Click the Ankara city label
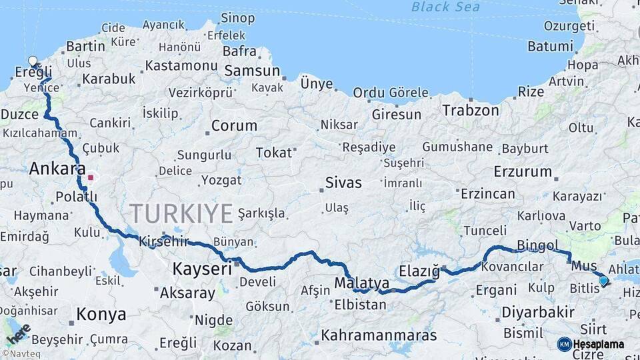pos(57,169)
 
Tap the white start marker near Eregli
pos(33,61)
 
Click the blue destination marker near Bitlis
pos(603,281)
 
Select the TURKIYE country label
pos(181,213)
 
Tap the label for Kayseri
pos(202,269)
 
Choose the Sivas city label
pos(343,183)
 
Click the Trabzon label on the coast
pos(471,110)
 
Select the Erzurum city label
pos(523,171)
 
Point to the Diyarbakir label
pos(537,312)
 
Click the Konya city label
pos(101,314)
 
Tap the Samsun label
pos(252,71)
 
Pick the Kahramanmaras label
pos(379,335)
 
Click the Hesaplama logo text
pos(599,344)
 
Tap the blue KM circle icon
pos(564,344)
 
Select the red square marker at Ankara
pos(91,178)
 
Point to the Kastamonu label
pos(181,65)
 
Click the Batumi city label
pos(551,46)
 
